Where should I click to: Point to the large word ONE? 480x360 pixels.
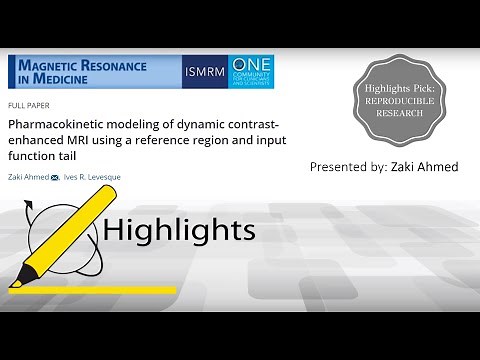(251, 63)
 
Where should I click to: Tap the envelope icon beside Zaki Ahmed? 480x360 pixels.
(56, 177)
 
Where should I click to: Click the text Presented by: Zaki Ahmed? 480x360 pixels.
(384, 167)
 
